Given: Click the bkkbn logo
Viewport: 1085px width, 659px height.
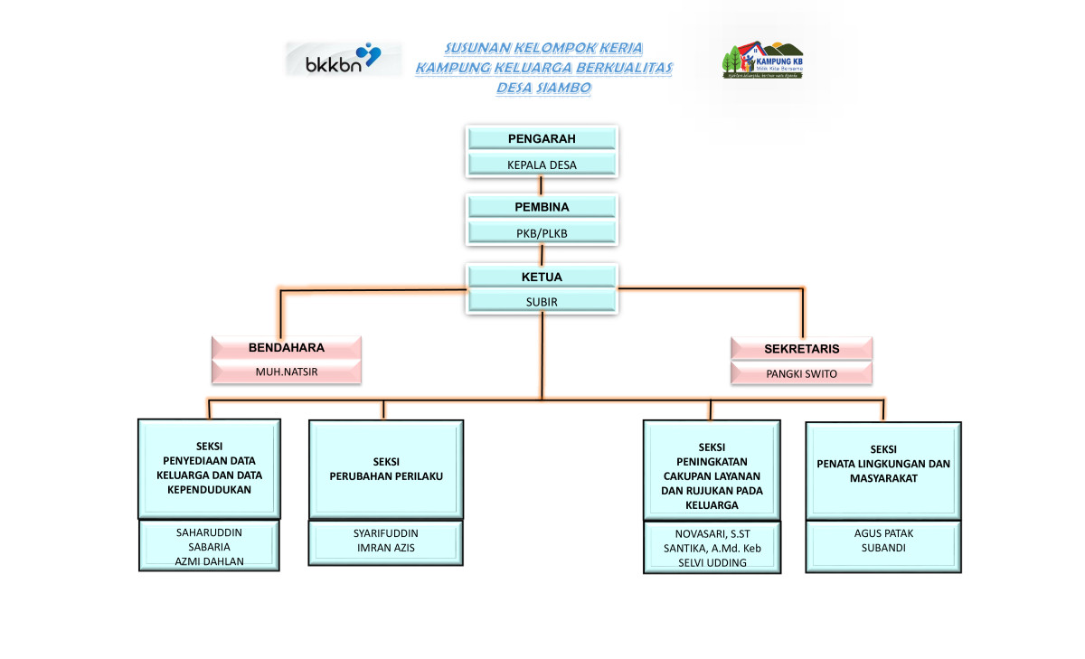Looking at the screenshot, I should click(x=344, y=59).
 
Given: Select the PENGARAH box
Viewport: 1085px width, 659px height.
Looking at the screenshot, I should click(x=542, y=138).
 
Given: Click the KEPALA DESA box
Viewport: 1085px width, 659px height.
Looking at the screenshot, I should click(x=542, y=165).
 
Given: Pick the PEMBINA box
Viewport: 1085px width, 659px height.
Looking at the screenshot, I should click(x=542, y=207).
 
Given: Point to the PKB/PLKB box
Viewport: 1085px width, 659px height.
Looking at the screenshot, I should click(x=542, y=233).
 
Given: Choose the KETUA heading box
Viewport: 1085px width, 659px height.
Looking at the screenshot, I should click(x=542, y=277).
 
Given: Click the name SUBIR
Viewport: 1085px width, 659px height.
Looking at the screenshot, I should click(x=542, y=302).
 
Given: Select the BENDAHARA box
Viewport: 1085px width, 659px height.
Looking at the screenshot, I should click(x=287, y=347).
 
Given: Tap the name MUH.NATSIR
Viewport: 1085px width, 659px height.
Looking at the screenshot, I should click(x=287, y=372).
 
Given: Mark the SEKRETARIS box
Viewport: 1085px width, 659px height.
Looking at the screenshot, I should click(x=801, y=348).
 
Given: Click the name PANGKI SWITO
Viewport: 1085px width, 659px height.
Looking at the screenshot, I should click(x=801, y=372).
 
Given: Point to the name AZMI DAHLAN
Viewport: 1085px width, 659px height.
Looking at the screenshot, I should click(x=210, y=560).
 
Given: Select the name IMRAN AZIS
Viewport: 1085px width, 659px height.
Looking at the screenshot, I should click(x=385, y=548).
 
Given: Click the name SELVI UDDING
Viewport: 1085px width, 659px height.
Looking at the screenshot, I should click(x=712, y=562).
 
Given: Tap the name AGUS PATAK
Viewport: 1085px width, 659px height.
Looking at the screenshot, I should click(x=883, y=533).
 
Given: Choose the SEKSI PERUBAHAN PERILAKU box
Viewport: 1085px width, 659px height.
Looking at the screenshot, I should click(x=386, y=468).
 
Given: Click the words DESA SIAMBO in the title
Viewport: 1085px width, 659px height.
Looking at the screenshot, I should click(x=543, y=88).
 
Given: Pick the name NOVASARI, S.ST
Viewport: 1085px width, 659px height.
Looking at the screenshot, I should click(x=712, y=533).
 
